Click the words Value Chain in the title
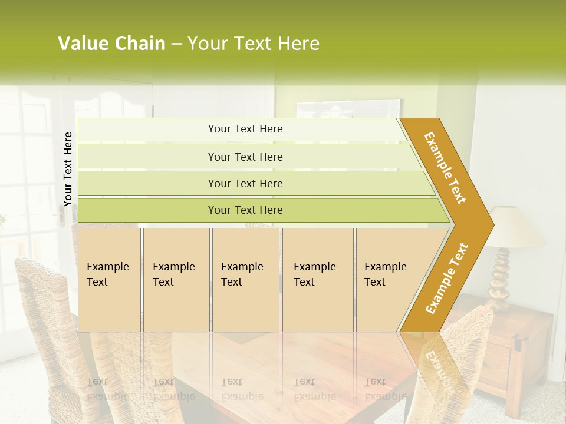coord(111,44)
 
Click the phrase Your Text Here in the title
coord(254,44)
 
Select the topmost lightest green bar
coord(245,129)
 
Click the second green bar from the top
coord(245,157)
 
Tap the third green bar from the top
coord(245,183)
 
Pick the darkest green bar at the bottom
coord(245,210)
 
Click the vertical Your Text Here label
coord(68,169)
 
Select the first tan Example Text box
coord(109,280)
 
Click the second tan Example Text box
coord(176,280)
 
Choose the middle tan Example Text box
coord(245,280)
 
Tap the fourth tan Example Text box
coord(317,280)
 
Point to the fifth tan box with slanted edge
coord(389,280)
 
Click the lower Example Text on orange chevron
coord(447,278)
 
